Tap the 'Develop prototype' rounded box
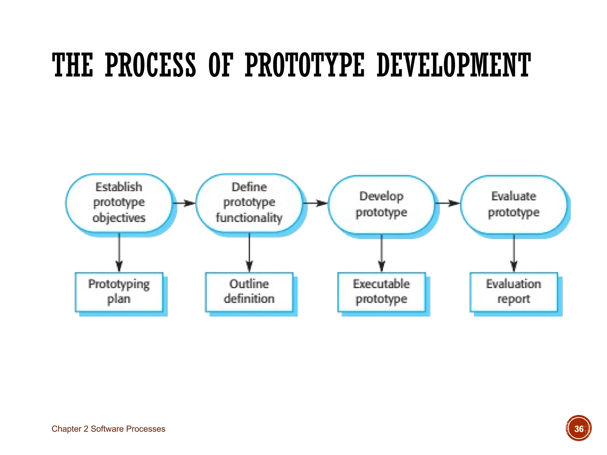[381, 204]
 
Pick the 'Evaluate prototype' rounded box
[514, 204]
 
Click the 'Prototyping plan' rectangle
[119, 292]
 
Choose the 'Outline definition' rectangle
[249, 292]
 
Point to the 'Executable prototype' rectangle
[381, 292]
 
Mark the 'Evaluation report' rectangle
[514, 292]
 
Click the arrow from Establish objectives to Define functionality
[184, 203]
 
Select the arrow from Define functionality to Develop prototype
[315, 203]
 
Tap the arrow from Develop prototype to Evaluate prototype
[447, 203]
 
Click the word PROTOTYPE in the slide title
[304, 65]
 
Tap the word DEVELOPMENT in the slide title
[453, 65]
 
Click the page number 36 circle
[579, 428]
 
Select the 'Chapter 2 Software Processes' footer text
[108, 429]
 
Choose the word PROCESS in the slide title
[151, 65]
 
